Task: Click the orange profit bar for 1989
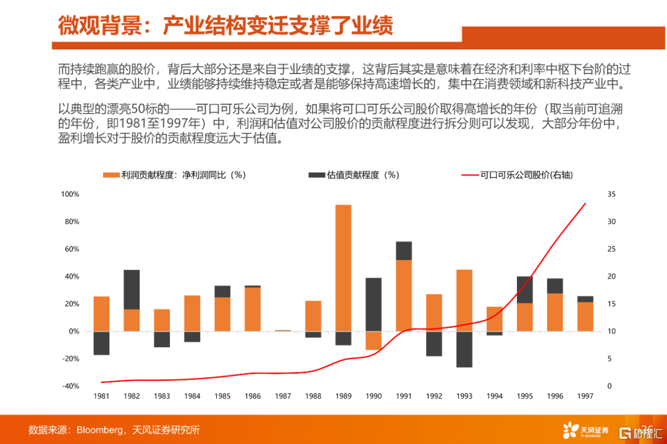(x=343, y=268)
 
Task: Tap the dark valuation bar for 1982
(x=132, y=289)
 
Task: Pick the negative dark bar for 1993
(x=464, y=349)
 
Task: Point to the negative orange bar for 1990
(x=374, y=340)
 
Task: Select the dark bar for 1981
(x=101, y=343)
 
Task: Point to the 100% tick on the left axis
(x=70, y=195)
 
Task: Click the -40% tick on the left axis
(x=70, y=386)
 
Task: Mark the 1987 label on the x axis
(x=283, y=396)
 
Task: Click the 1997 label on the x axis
(x=585, y=396)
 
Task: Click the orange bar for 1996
(x=555, y=312)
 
